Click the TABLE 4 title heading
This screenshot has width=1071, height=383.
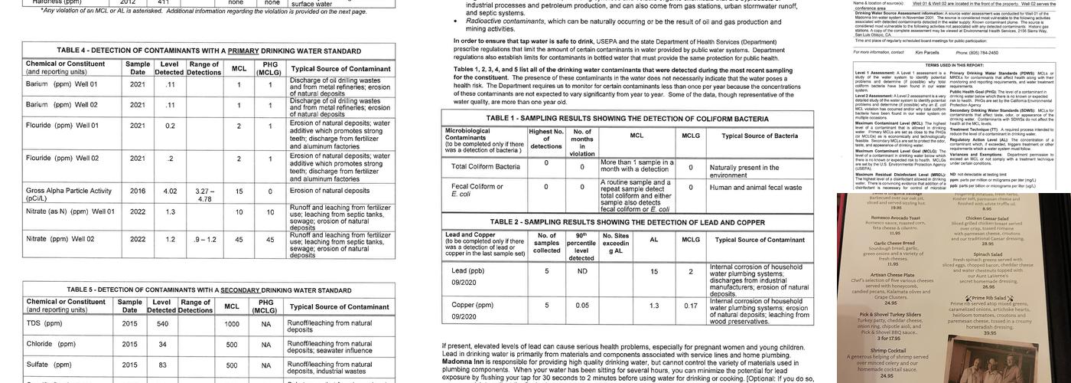pos(208,51)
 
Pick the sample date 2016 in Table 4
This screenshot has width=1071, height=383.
pos(138,191)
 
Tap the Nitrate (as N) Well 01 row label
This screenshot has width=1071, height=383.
pos(70,211)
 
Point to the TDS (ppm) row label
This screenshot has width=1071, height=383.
pos(44,323)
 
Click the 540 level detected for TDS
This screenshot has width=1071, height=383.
pos(161,323)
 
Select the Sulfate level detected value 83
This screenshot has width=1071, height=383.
pos(161,365)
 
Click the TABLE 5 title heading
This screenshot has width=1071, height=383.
pos(208,290)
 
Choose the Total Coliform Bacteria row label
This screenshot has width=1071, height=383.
pos(486,166)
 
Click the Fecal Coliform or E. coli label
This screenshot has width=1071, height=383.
pos(477,190)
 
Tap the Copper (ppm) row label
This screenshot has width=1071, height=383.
pos(474,305)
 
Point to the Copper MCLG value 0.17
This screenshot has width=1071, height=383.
pos(690,306)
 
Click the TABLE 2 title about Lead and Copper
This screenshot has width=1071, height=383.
pos(627,221)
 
